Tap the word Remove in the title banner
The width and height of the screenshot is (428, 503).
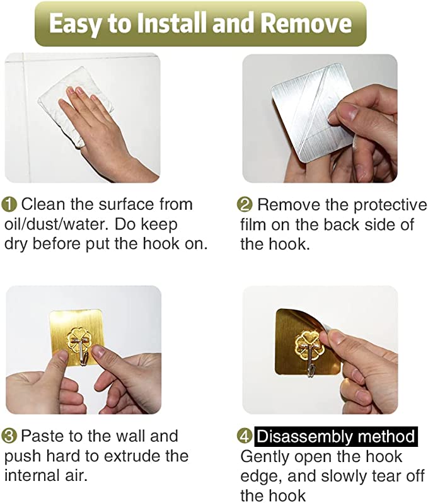point(306,23)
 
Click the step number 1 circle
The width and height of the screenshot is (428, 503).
point(9,205)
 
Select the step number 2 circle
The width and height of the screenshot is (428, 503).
point(245,205)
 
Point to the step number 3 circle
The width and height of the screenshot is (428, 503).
point(9,436)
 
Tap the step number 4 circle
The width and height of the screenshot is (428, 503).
point(245,436)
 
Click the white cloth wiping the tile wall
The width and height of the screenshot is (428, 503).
point(74,106)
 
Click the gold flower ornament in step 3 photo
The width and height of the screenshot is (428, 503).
point(79,340)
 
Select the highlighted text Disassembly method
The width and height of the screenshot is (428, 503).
point(336,437)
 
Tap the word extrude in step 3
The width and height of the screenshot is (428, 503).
point(133,456)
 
